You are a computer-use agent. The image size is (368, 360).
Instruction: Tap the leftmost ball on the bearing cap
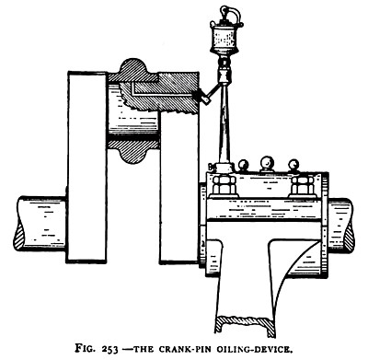(243, 168)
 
